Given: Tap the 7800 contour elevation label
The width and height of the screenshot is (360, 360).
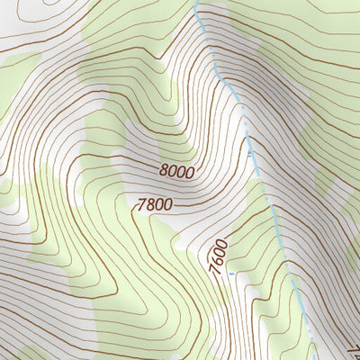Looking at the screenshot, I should (x=155, y=204).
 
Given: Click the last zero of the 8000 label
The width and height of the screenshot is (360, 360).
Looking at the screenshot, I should (x=189, y=171).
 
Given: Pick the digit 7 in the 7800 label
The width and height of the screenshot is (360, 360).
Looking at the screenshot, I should (x=142, y=205).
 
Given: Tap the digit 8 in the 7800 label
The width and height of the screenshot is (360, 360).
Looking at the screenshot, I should (x=150, y=205).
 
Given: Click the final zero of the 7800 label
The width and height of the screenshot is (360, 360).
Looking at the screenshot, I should (x=167, y=204).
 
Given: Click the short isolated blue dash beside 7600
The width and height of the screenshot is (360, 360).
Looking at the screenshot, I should (x=231, y=273).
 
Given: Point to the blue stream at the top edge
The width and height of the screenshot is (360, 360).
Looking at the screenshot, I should (x=196, y=4).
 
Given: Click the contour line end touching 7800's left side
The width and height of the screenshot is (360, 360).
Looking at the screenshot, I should (x=135, y=206).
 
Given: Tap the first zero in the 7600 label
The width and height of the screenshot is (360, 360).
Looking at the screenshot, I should (x=218, y=249).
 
